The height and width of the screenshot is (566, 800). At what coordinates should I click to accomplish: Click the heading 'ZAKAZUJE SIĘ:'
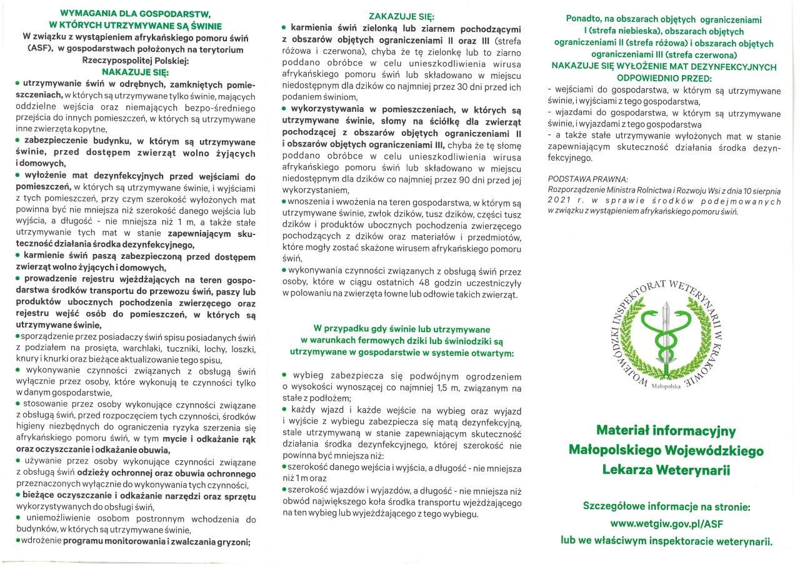pos(401,16)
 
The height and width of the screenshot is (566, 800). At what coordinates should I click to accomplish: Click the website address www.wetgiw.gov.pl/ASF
pos(666,522)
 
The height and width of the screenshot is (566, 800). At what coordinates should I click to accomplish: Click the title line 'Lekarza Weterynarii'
pos(666,469)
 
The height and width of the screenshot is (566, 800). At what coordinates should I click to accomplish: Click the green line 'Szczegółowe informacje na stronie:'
pos(666,505)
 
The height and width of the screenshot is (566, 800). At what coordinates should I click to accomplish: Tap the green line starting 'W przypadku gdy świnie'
pos(402,329)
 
